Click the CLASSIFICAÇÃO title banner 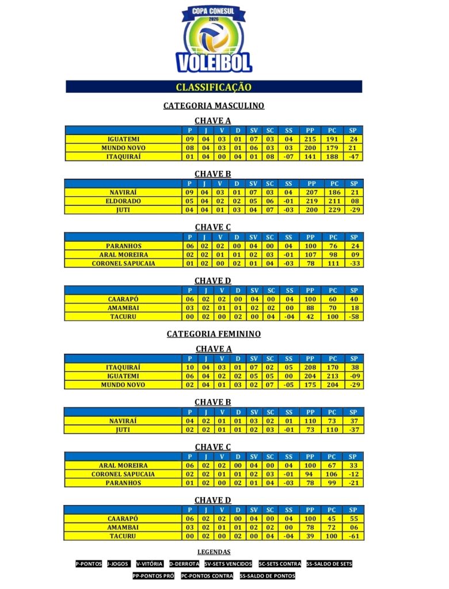click(x=214, y=87)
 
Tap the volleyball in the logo click(x=214, y=36)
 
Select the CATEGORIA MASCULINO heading click(x=214, y=106)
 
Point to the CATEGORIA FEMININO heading click(x=214, y=334)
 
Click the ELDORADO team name click(x=123, y=201)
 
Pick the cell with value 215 click(x=311, y=139)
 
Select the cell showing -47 click(x=354, y=156)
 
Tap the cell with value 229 click(x=333, y=210)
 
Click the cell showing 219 click(x=311, y=201)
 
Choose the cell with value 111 click(x=333, y=263)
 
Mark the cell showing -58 click(x=354, y=317)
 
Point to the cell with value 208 click(x=311, y=367)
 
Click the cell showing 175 click(x=311, y=384)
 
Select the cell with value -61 click(x=354, y=536)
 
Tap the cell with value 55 click(x=354, y=519)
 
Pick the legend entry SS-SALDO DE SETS click(x=329, y=564)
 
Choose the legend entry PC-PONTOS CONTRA click(x=207, y=576)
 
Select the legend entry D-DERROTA click(x=184, y=564)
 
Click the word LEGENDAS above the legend click(x=214, y=552)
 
